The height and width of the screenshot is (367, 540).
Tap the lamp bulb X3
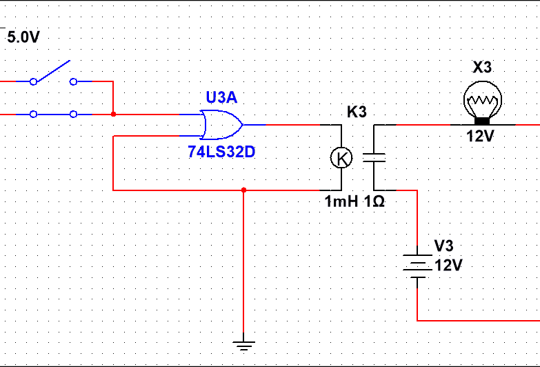pyautogui.click(x=481, y=102)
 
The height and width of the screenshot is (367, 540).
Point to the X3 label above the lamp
pyautogui.click(x=482, y=68)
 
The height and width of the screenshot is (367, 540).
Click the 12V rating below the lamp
pyautogui.click(x=480, y=136)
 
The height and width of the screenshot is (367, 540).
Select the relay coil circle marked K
pyautogui.click(x=341, y=158)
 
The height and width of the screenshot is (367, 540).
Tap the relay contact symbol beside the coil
pyautogui.click(x=374, y=158)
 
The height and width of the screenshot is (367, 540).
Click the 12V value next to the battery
pyautogui.click(x=448, y=266)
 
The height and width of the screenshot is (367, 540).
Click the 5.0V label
pyautogui.click(x=23, y=38)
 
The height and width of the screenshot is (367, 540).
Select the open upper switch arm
pyautogui.click(x=52, y=72)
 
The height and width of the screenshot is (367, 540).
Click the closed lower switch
pyautogui.click(x=52, y=115)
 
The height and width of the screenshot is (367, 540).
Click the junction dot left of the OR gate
pyautogui.click(x=113, y=115)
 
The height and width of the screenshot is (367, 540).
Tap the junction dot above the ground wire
pyautogui.click(x=243, y=190)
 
